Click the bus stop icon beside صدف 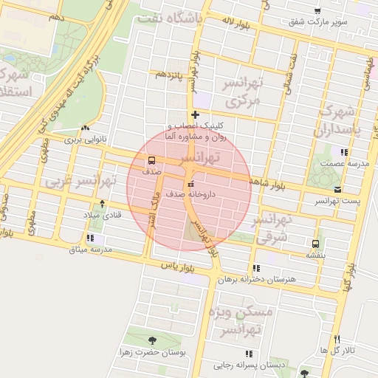[151, 160]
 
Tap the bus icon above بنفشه [316, 244]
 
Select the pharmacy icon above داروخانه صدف [191, 184]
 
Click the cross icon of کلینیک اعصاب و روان [194, 114]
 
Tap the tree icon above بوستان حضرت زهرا [152, 340]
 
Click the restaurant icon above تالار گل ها [337, 339]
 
